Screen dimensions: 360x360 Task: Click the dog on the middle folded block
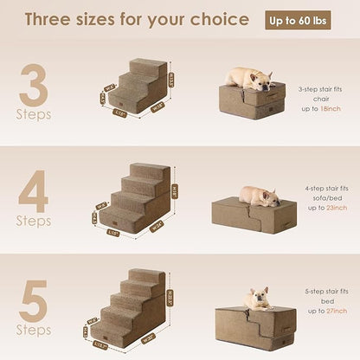258,196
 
